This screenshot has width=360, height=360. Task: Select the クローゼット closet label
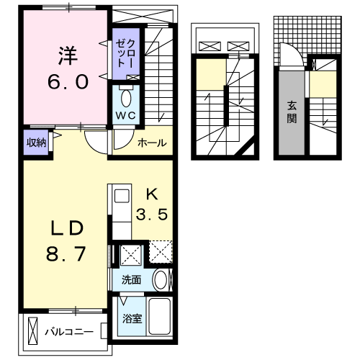coord(120,50)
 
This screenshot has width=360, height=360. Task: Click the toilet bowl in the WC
coord(127,96)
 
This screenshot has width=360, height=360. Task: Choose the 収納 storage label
coord(36,142)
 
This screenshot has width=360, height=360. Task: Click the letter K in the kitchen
coord(152,194)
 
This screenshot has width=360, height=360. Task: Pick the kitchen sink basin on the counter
coord(120,195)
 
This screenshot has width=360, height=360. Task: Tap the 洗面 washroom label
coord(130,280)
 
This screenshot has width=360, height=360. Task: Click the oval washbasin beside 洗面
coord(161,280)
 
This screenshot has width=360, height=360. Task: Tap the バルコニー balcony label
coord(68,333)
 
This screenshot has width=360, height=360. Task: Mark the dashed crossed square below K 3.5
coord(159,253)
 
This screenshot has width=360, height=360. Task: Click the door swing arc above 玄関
coord(291,55)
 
